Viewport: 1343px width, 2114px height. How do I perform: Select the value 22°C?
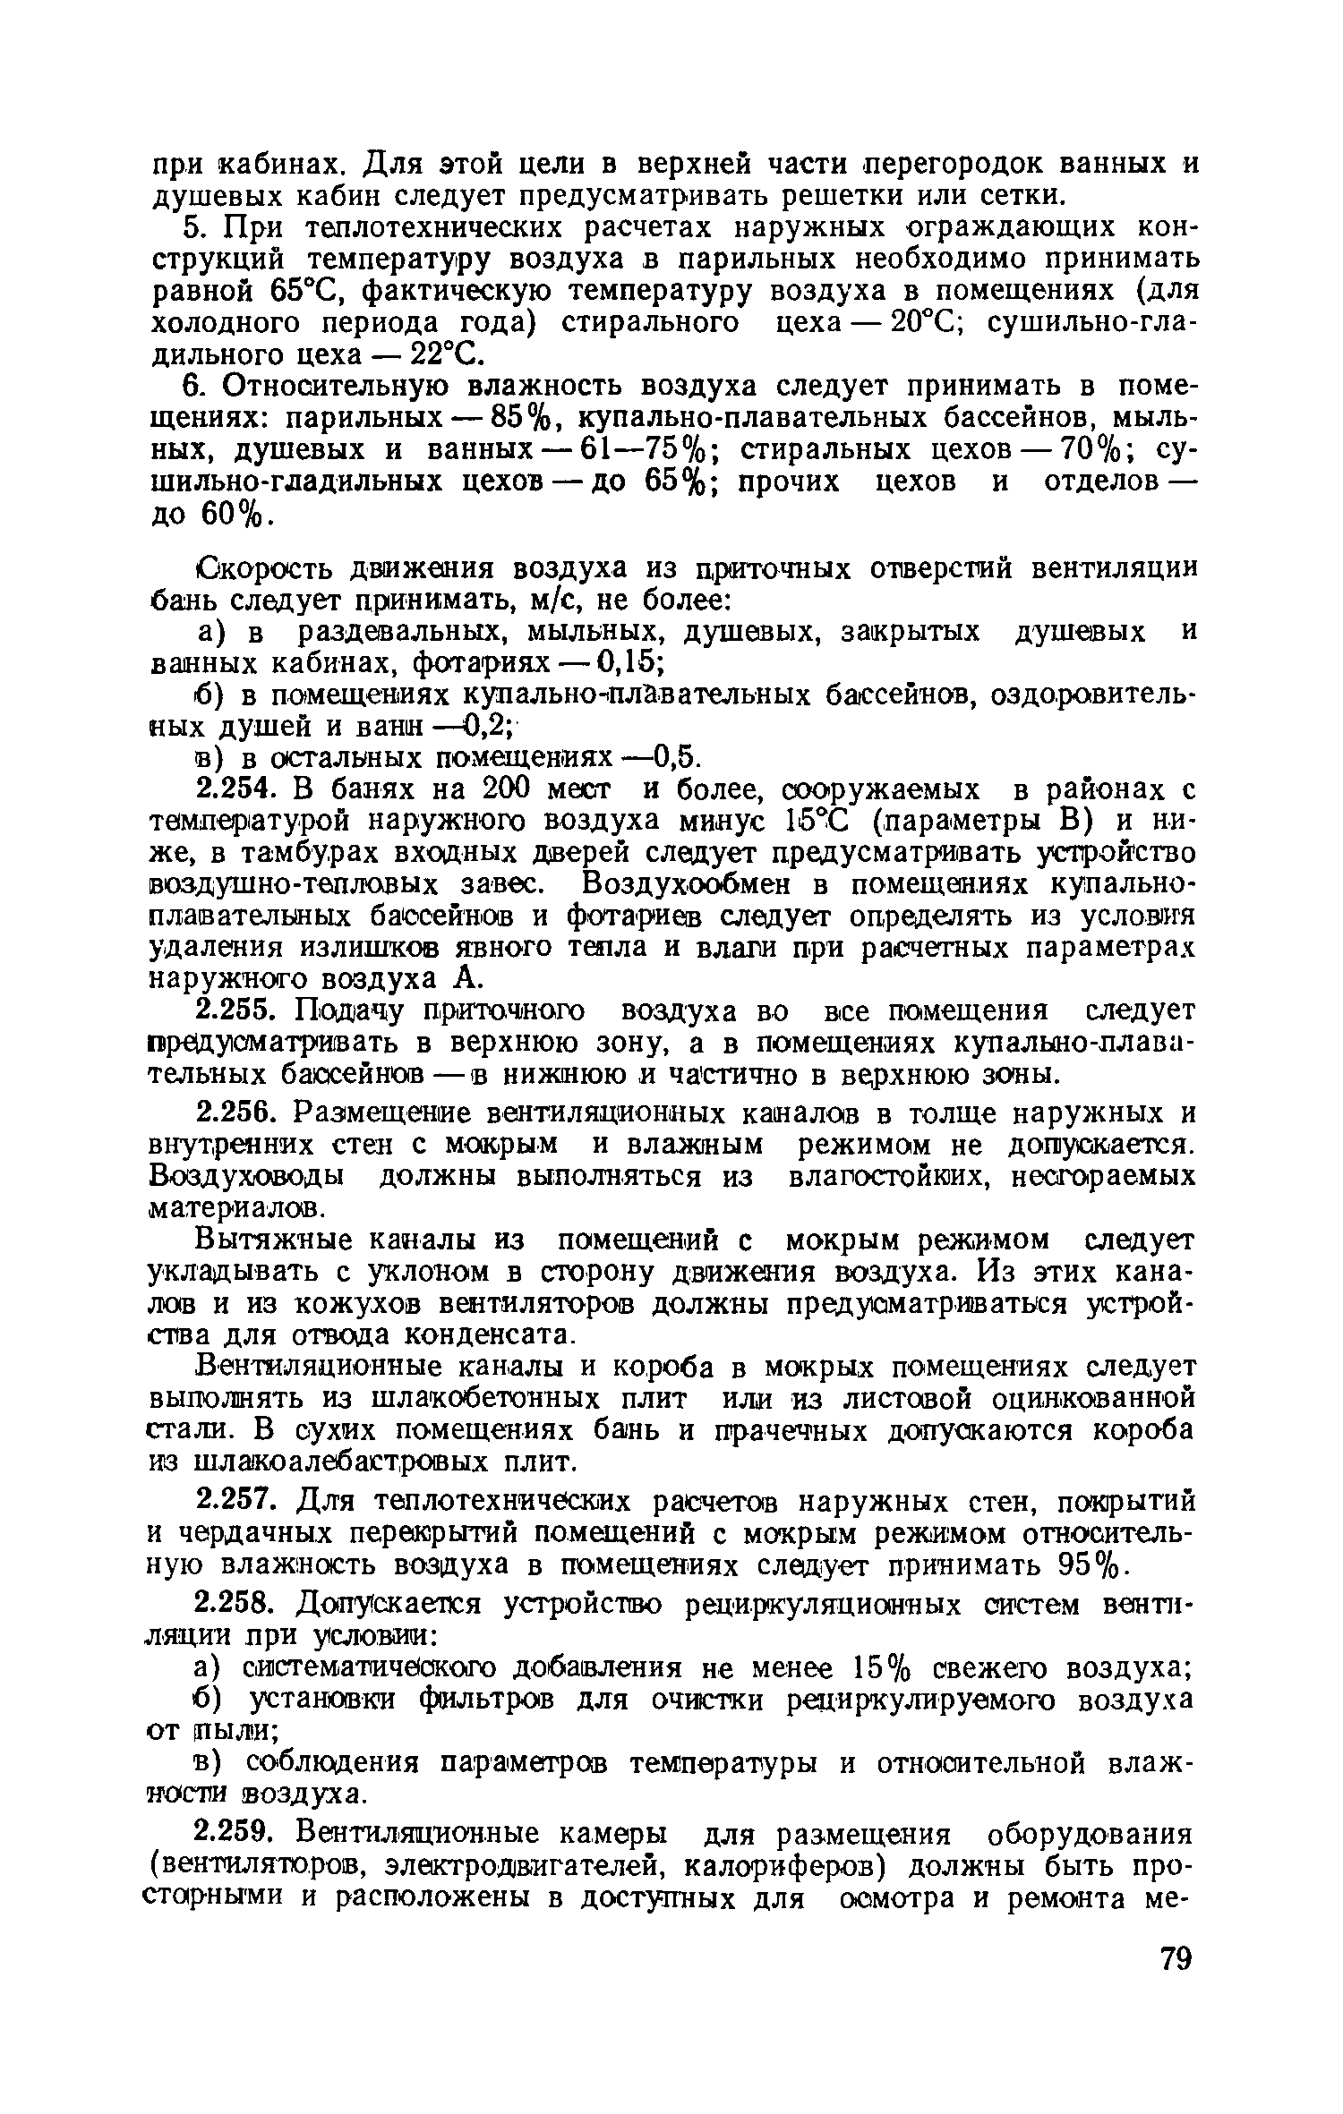pos(449,355)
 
